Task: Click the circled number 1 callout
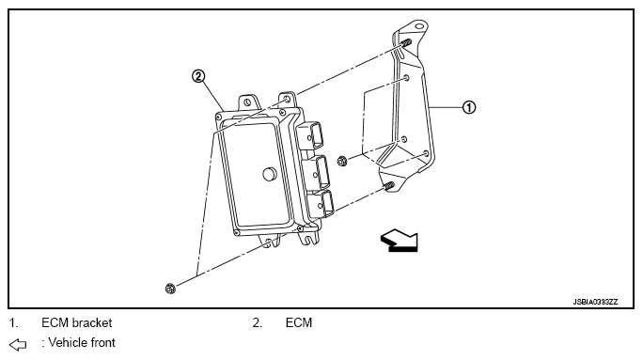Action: pos(469,107)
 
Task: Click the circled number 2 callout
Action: pos(198,76)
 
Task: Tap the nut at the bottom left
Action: pos(170,289)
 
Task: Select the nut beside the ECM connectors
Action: pos(342,161)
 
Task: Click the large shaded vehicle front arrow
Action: pos(400,241)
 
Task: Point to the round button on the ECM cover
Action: pos(270,174)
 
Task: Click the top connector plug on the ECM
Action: pos(310,135)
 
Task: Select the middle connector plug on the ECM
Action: pos(316,172)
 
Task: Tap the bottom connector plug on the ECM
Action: pos(321,204)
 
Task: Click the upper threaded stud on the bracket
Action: pos(406,42)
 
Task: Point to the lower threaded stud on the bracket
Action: pos(389,185)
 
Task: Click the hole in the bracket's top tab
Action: pos(418,26)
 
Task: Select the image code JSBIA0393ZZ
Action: pos(595,302)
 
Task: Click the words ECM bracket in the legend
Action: pos(77,323)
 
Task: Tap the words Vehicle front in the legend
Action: pos(82,343)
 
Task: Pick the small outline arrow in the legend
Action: pos(18,345)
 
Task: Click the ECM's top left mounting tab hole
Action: pos(246,102)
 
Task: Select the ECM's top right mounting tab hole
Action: pos(287,100)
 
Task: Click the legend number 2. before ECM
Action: pos(258,323)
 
